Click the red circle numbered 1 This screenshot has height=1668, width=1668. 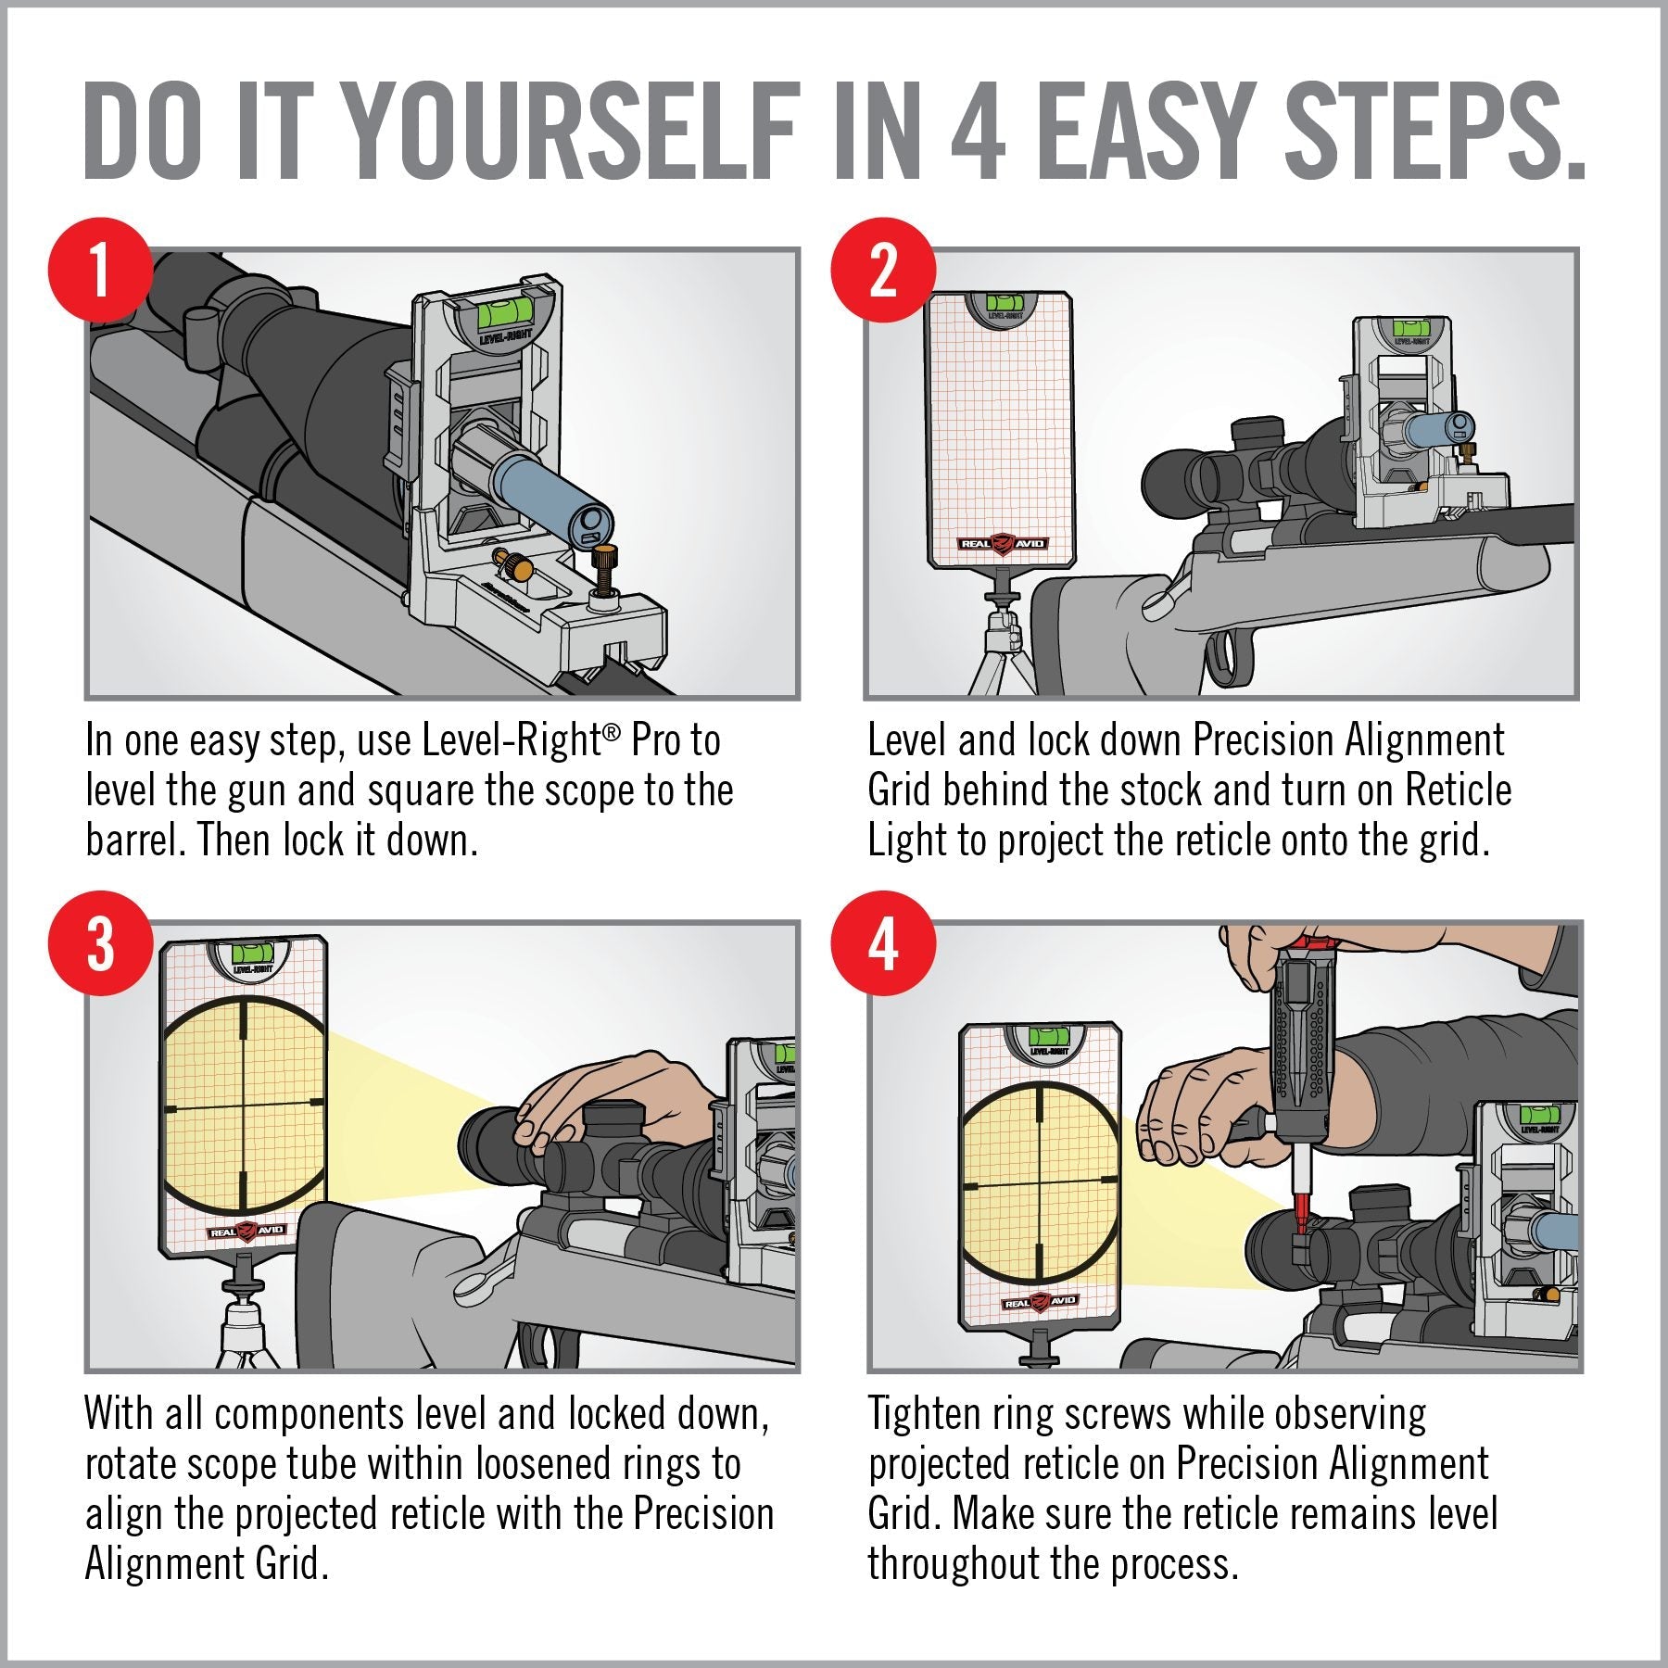100,271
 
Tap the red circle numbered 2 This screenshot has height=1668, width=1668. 883,271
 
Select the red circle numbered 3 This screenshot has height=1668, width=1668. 100,943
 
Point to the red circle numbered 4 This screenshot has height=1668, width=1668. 883,943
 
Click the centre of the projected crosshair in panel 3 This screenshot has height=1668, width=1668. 245,1106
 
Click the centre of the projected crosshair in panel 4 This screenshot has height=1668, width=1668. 1040,1183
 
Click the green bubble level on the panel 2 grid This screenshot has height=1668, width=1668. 1000,302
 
